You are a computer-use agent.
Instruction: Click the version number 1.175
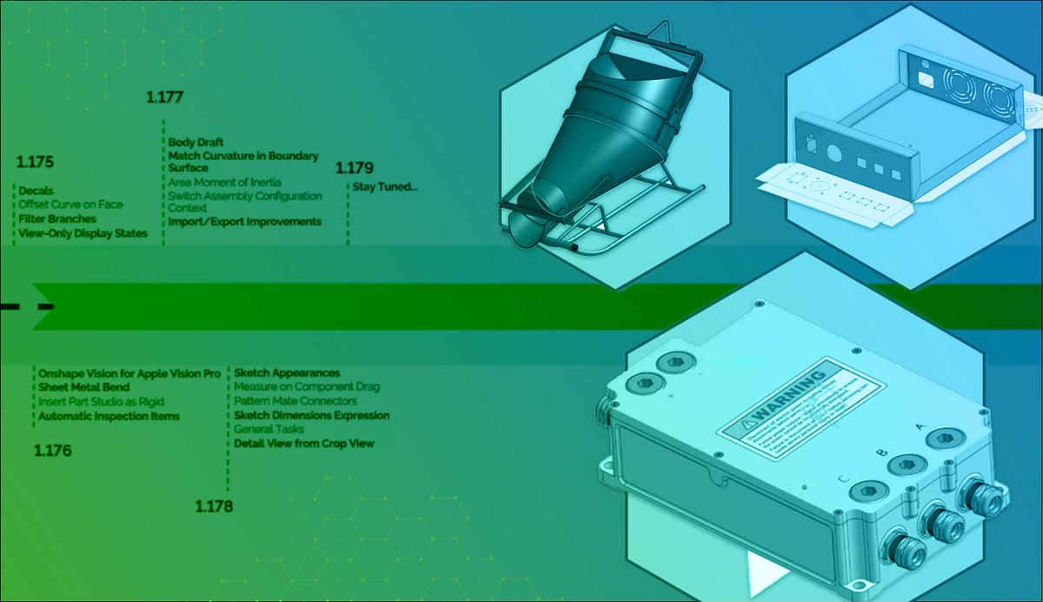coord(35,162)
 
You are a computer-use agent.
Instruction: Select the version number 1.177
coord(164,97)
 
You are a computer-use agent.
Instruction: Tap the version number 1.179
coord(355,168)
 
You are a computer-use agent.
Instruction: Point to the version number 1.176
coord(52,451)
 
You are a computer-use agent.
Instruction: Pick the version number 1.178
coord(214,506)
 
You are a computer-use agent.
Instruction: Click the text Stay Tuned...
coord(384,187)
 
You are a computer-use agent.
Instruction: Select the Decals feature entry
coord(37,191)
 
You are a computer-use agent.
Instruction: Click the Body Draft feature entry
coord(196,143)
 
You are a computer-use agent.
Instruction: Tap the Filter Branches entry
coord(57,219)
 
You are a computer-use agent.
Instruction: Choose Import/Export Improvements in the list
coord(244,222)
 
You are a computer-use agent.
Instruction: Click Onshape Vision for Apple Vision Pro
coord(129,373)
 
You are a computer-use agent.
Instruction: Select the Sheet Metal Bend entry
coord(83,387)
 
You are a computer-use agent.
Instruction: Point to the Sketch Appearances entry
coord(287,373)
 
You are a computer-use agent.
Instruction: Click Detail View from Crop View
coord(304,444)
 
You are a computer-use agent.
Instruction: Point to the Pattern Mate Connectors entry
coord(296,401)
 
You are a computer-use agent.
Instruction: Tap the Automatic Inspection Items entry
coord(109,416)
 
